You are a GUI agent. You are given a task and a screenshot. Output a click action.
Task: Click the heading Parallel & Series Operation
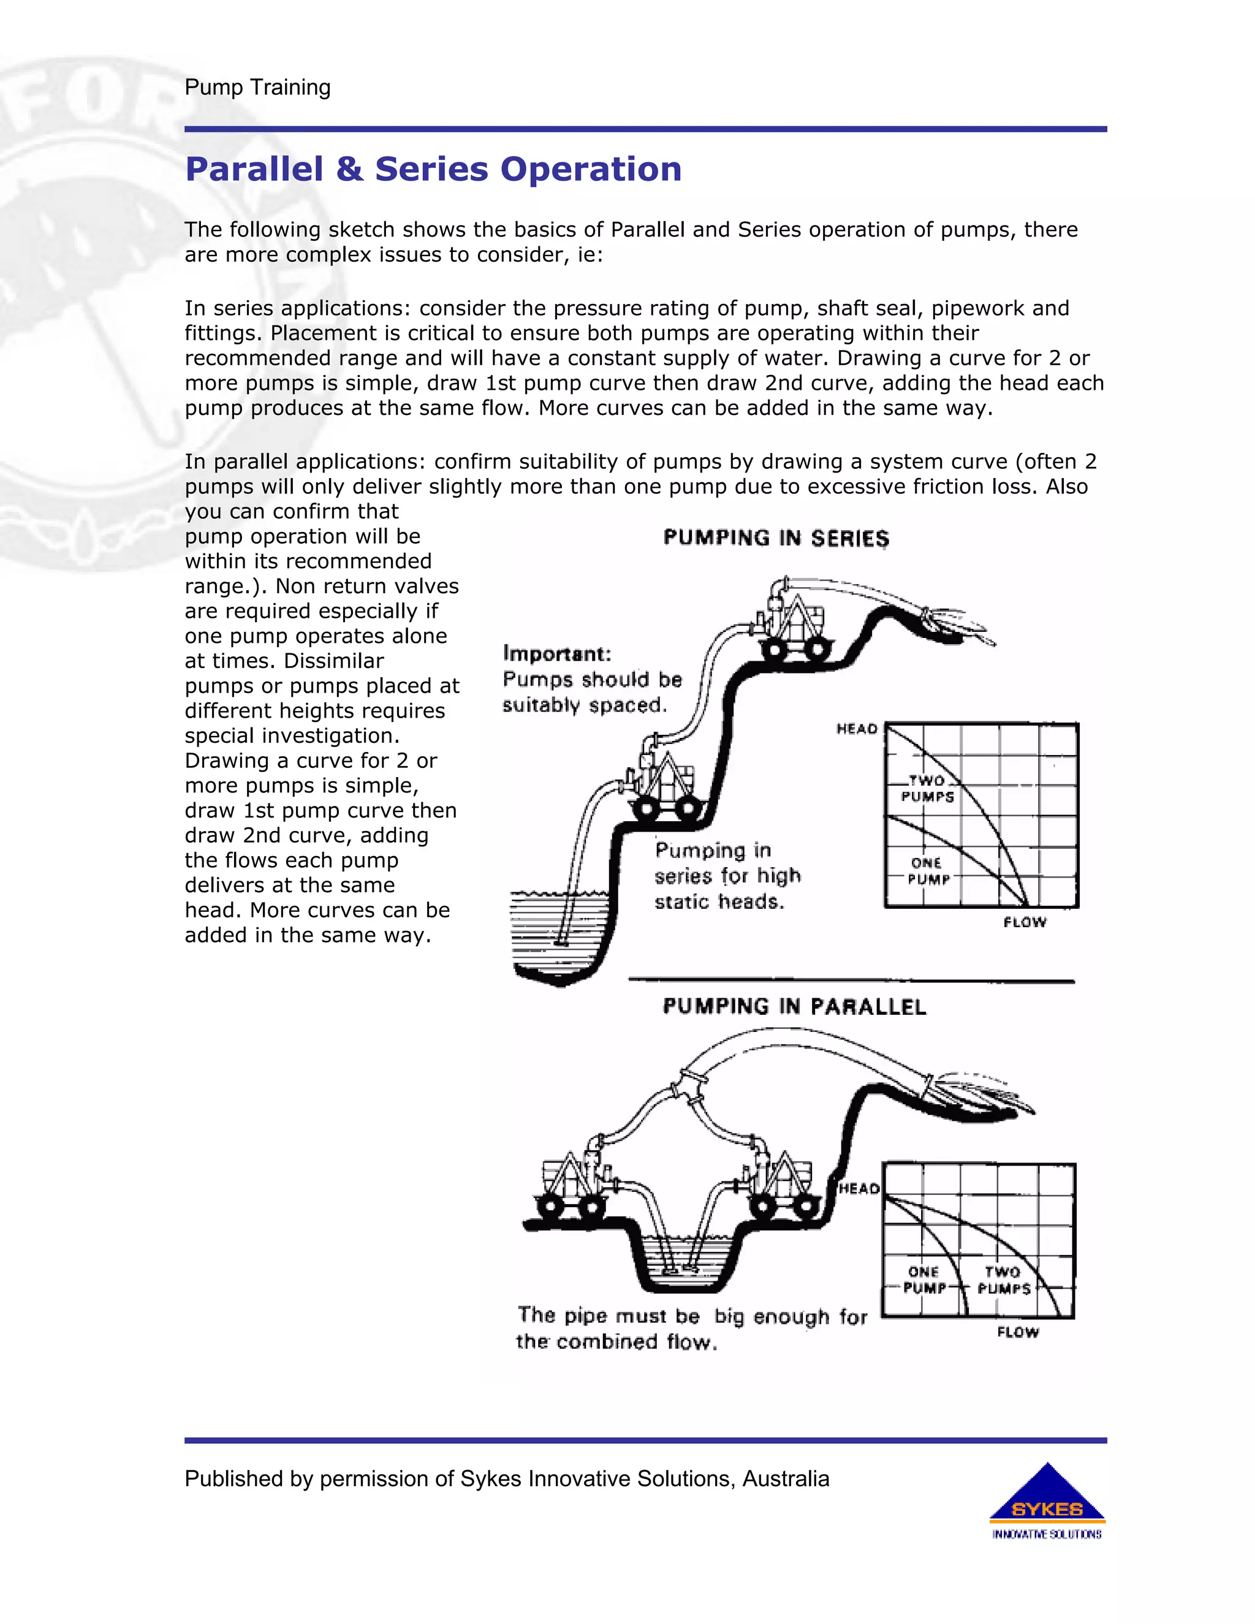tap(433, 170)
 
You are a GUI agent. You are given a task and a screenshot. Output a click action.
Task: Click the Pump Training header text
tap(257, 88)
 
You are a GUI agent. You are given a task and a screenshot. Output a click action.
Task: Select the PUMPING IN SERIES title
tap(775, 538)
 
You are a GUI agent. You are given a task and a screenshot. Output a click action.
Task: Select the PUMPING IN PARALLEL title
tap(794, 1007)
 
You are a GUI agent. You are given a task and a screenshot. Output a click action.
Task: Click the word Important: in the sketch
tap(557, 654)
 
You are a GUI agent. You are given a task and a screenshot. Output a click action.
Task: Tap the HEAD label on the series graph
tap(857, 729)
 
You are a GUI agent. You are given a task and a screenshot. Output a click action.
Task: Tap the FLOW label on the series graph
tap(1024, 922)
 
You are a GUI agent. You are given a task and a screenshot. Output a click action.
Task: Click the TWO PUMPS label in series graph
tap(927, 788)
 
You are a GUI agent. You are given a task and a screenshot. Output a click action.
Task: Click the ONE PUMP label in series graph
tap(927, 871)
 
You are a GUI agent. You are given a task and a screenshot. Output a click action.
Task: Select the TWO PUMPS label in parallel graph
tap(1004, 1280)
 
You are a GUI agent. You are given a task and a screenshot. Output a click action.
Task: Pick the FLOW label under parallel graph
tap(1017, 1332)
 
